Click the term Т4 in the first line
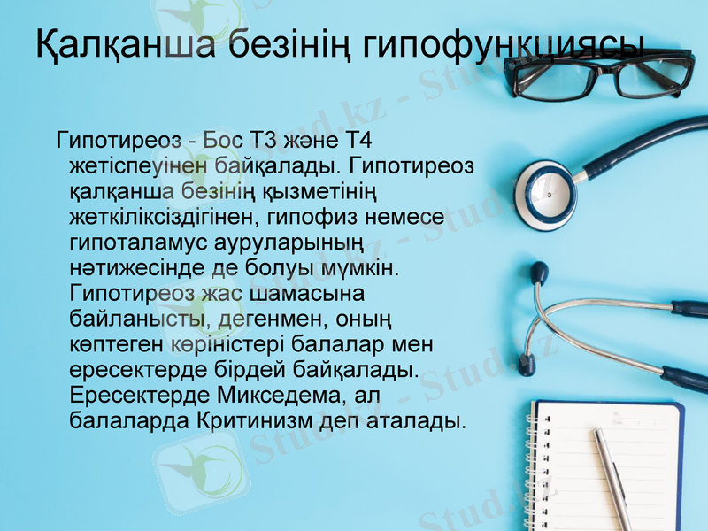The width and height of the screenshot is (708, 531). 361,140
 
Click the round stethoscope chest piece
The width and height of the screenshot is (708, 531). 543,196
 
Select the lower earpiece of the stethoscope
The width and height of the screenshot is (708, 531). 526,363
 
